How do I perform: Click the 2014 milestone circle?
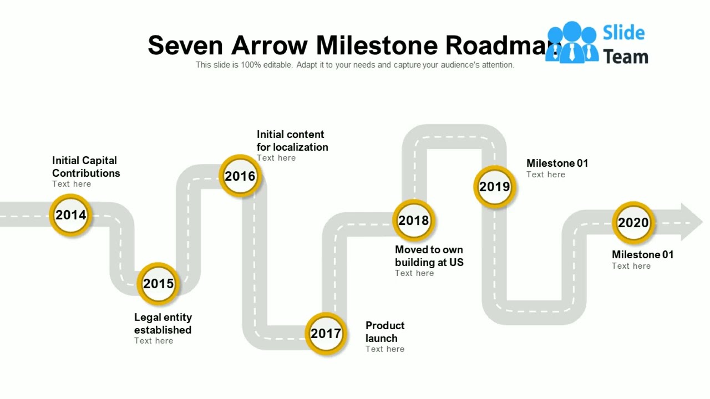pos(71,215)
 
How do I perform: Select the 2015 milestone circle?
pos(159,284)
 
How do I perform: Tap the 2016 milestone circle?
pos(240,176)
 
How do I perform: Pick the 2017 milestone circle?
pos(326,334)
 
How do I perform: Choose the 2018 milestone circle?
pos(414,221)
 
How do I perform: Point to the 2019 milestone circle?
pos(494,187)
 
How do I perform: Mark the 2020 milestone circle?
pos(633,223)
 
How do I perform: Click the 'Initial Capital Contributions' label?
pos(86,167)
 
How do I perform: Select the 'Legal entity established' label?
pos(163,324)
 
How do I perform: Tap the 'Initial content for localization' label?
pos(292,141)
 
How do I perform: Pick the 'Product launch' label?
pos(385,332)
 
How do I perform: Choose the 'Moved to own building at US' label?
pos(429,256)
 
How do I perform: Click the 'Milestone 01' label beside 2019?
pos(557,163)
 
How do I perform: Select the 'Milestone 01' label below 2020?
pos(642,255)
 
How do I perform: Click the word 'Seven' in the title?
pos(185,45)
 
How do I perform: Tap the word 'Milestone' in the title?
pos(377,45)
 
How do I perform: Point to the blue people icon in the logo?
pos(571,43)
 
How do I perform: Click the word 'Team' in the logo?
pos(626,57)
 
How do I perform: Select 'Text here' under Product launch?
pos(385,349)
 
